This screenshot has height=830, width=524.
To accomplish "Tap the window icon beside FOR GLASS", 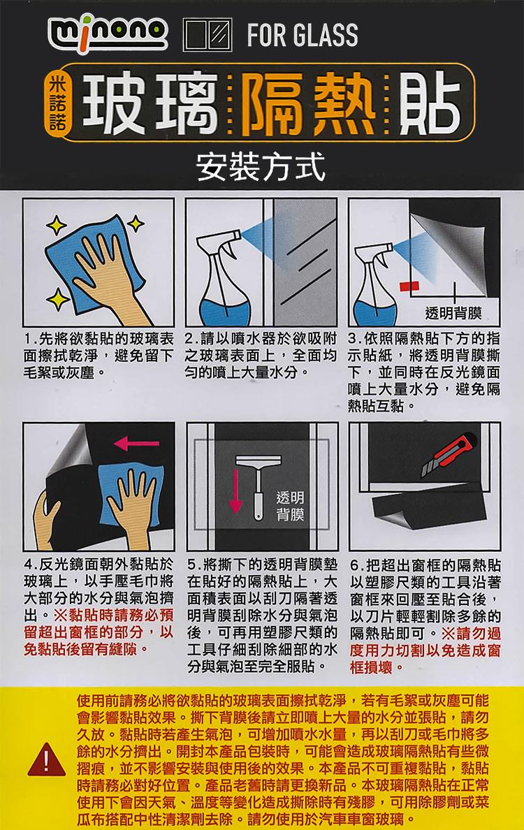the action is [x=208, y=34].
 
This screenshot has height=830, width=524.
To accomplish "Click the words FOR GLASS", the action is [x=303, y=35].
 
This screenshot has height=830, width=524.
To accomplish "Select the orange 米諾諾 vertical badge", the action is [x=54, y=103].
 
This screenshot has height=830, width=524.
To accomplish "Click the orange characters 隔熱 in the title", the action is [x=307, y=103].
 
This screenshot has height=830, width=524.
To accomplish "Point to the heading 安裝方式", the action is [x=261, y=166].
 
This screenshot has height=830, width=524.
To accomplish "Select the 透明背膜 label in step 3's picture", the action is [x=453, y=314].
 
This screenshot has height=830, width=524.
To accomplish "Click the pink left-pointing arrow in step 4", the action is [x=136, y=443].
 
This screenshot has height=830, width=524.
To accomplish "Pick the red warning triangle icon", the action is [x=47, y=759].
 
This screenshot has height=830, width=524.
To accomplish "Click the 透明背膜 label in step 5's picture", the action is [x=290, y=506].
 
